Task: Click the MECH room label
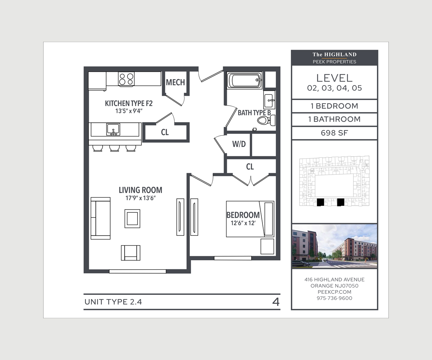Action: [175, 82]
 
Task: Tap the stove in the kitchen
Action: [126, 79]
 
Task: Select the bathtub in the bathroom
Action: [244, 80]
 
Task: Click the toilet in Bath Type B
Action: [266, 120]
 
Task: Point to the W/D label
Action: [239, 144]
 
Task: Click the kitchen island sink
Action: [113, 129]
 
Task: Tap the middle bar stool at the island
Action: [114, 148]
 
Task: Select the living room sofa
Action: [100, 218]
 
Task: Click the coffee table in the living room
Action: [132, 219]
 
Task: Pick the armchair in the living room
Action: [131, 253]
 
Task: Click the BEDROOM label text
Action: [243, 215]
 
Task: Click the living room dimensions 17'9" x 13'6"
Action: [140, 198]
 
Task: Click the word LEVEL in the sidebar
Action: [334, 78]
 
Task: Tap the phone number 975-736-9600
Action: [334, 298]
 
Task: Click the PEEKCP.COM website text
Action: [334, 292]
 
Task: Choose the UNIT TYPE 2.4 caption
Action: [113, 302]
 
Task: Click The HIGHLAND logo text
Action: [334, 55]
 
